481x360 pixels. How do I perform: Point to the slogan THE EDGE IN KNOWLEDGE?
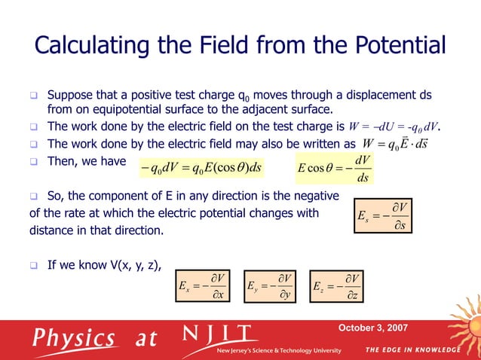point(412,350)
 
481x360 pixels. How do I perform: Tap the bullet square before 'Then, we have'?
point(34,160)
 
